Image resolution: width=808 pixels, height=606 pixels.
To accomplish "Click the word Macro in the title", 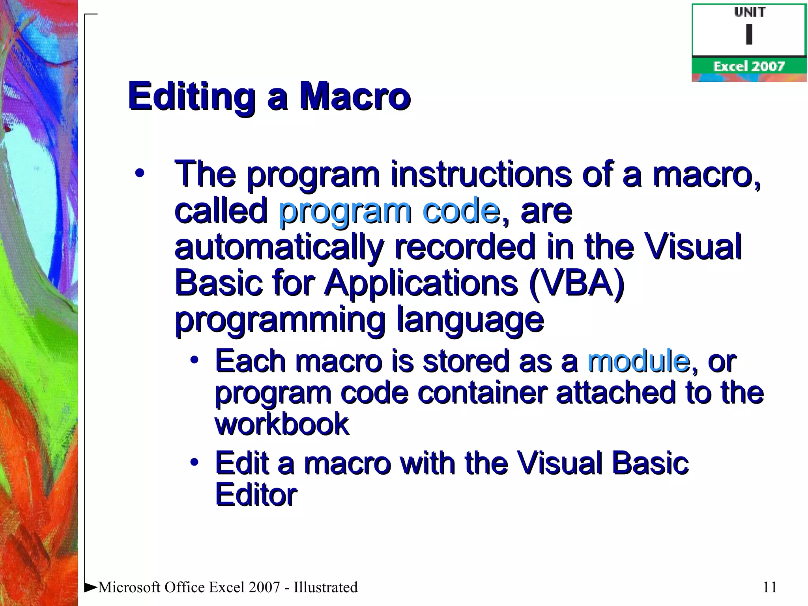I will coord(355,97).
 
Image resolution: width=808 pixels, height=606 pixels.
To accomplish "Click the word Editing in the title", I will coord(192,97).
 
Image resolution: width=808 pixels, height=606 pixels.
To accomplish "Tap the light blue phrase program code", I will coord(389,211).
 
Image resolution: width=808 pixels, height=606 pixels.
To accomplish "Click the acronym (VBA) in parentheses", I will coord(576,283).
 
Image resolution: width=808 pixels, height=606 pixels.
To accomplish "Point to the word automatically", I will coord(279,247).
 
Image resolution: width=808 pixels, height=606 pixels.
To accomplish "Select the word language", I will coord(470,320).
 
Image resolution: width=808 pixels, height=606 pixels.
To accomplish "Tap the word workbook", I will coord(282,425).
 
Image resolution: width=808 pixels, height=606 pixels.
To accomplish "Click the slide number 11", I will coord(770,587).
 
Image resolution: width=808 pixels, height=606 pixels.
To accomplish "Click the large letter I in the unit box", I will coord(749,34).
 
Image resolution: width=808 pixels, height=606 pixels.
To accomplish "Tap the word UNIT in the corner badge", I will coord(750,12).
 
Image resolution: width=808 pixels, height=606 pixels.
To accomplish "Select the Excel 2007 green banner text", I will coord(749,66).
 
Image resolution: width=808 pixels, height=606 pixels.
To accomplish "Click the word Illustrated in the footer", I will coord(325,587).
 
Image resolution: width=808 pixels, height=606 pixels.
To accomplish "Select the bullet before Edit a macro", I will coord(194,462).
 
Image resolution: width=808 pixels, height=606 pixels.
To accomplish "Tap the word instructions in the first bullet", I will coord(481,175).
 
